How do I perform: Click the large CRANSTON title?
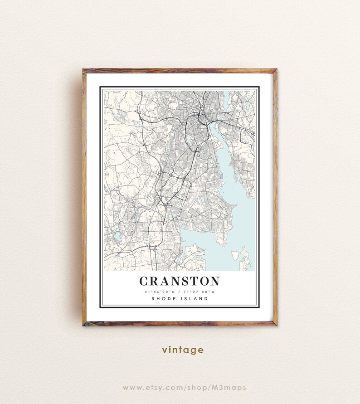[179, 281]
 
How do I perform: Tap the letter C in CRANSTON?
[144, 281]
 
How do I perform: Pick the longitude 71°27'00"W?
[199, 292]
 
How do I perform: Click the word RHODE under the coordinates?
[163, 299]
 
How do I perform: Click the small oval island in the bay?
[235, 256]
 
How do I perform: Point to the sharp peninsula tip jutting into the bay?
[236, 205]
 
